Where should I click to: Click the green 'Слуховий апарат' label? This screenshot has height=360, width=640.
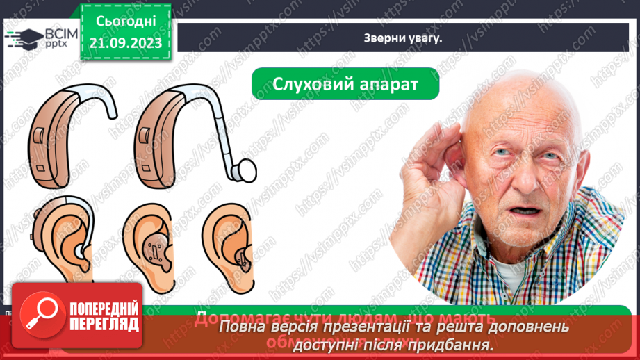point(345,84)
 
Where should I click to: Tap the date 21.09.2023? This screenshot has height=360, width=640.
point(126,43)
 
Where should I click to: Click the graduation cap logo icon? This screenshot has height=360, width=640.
point(24,39)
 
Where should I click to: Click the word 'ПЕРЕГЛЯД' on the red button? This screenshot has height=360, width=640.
point(105,325)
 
